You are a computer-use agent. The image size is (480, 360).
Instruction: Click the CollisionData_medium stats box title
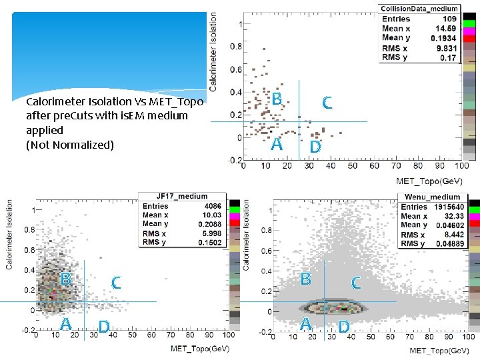tap(419, 9)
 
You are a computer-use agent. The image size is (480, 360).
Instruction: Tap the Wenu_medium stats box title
tap(432, 197)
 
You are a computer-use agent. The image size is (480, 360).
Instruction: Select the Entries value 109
tap(450, 19)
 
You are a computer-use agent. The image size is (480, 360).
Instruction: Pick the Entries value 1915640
tap(450, 207)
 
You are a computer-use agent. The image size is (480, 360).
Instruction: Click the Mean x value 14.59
tap(446, 29)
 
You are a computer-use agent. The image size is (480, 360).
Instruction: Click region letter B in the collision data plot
tap(277, 99)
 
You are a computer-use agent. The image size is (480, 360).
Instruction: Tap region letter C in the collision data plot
tap(327, 103)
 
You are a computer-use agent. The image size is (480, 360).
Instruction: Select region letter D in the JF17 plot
tap(103, 327)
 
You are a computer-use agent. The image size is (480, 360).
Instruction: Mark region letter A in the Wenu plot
tap(305, 324)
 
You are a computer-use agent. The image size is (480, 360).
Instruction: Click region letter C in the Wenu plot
tap(356, 283)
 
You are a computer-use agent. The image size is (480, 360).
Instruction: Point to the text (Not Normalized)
tap(70, 145)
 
